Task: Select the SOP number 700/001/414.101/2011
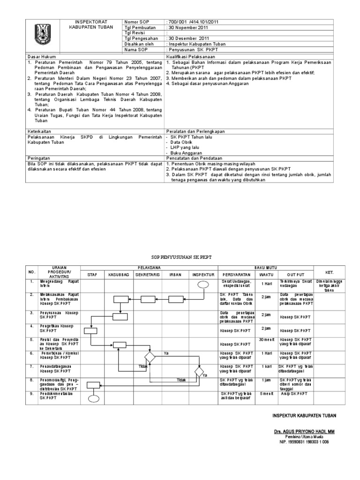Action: pos(193,22)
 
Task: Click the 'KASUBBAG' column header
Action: pos(118,274)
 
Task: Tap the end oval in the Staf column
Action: pos(94,399)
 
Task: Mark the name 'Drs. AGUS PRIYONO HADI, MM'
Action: pos(304,431)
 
